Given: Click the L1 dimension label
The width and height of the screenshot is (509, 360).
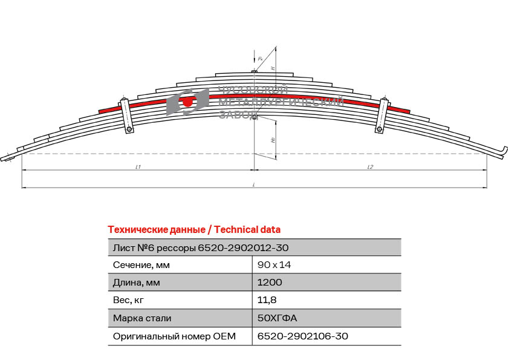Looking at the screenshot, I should (138, 166).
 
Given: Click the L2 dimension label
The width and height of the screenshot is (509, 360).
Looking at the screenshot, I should (369, 166).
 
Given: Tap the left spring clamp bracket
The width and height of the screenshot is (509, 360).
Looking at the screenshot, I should (126, 116).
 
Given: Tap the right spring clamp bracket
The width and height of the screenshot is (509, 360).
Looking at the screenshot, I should (381, 116).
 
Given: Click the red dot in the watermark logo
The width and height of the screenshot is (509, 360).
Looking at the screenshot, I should (187, 102).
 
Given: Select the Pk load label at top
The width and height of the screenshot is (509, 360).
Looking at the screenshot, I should (260, 59).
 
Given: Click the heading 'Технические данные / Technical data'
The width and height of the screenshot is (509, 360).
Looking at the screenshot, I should (193, 229).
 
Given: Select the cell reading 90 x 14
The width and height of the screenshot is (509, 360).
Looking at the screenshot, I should (274, 264).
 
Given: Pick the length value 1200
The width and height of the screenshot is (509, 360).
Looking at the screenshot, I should (270, 282).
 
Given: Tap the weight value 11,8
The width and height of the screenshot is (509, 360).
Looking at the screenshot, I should (267, 299).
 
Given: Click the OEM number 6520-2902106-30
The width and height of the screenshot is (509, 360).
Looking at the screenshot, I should (302, 336).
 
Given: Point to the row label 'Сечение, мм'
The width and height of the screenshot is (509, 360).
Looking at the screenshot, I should (141, 264).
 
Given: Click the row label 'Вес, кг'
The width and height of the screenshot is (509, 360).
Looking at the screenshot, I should (129, 299).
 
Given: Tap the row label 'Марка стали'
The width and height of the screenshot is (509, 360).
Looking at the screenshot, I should (142, 318).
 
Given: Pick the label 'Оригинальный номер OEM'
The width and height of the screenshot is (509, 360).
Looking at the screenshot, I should (174, 336).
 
